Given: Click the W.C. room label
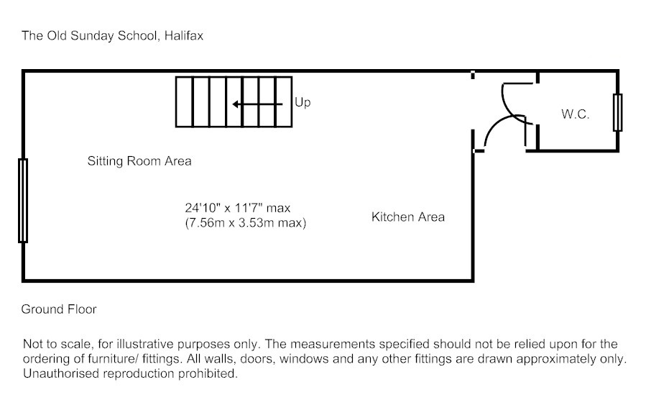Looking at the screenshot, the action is (x=575, y=114).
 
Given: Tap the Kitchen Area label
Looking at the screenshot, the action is (x=407, y=217).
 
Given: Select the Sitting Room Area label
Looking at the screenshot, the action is (x=139, y=160).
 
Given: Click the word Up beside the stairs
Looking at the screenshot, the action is (x=303, y=103).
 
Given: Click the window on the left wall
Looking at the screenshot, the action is (x=23, y=201).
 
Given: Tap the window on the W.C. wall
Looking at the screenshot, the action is (x=617, y=112).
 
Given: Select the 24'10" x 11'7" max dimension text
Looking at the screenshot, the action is (x=237, y=208).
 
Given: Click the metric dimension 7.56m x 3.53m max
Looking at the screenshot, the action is (x=246, y=223).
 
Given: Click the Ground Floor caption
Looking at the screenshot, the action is (x=59, y=309).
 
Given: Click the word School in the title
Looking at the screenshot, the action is (x=135, y=35).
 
